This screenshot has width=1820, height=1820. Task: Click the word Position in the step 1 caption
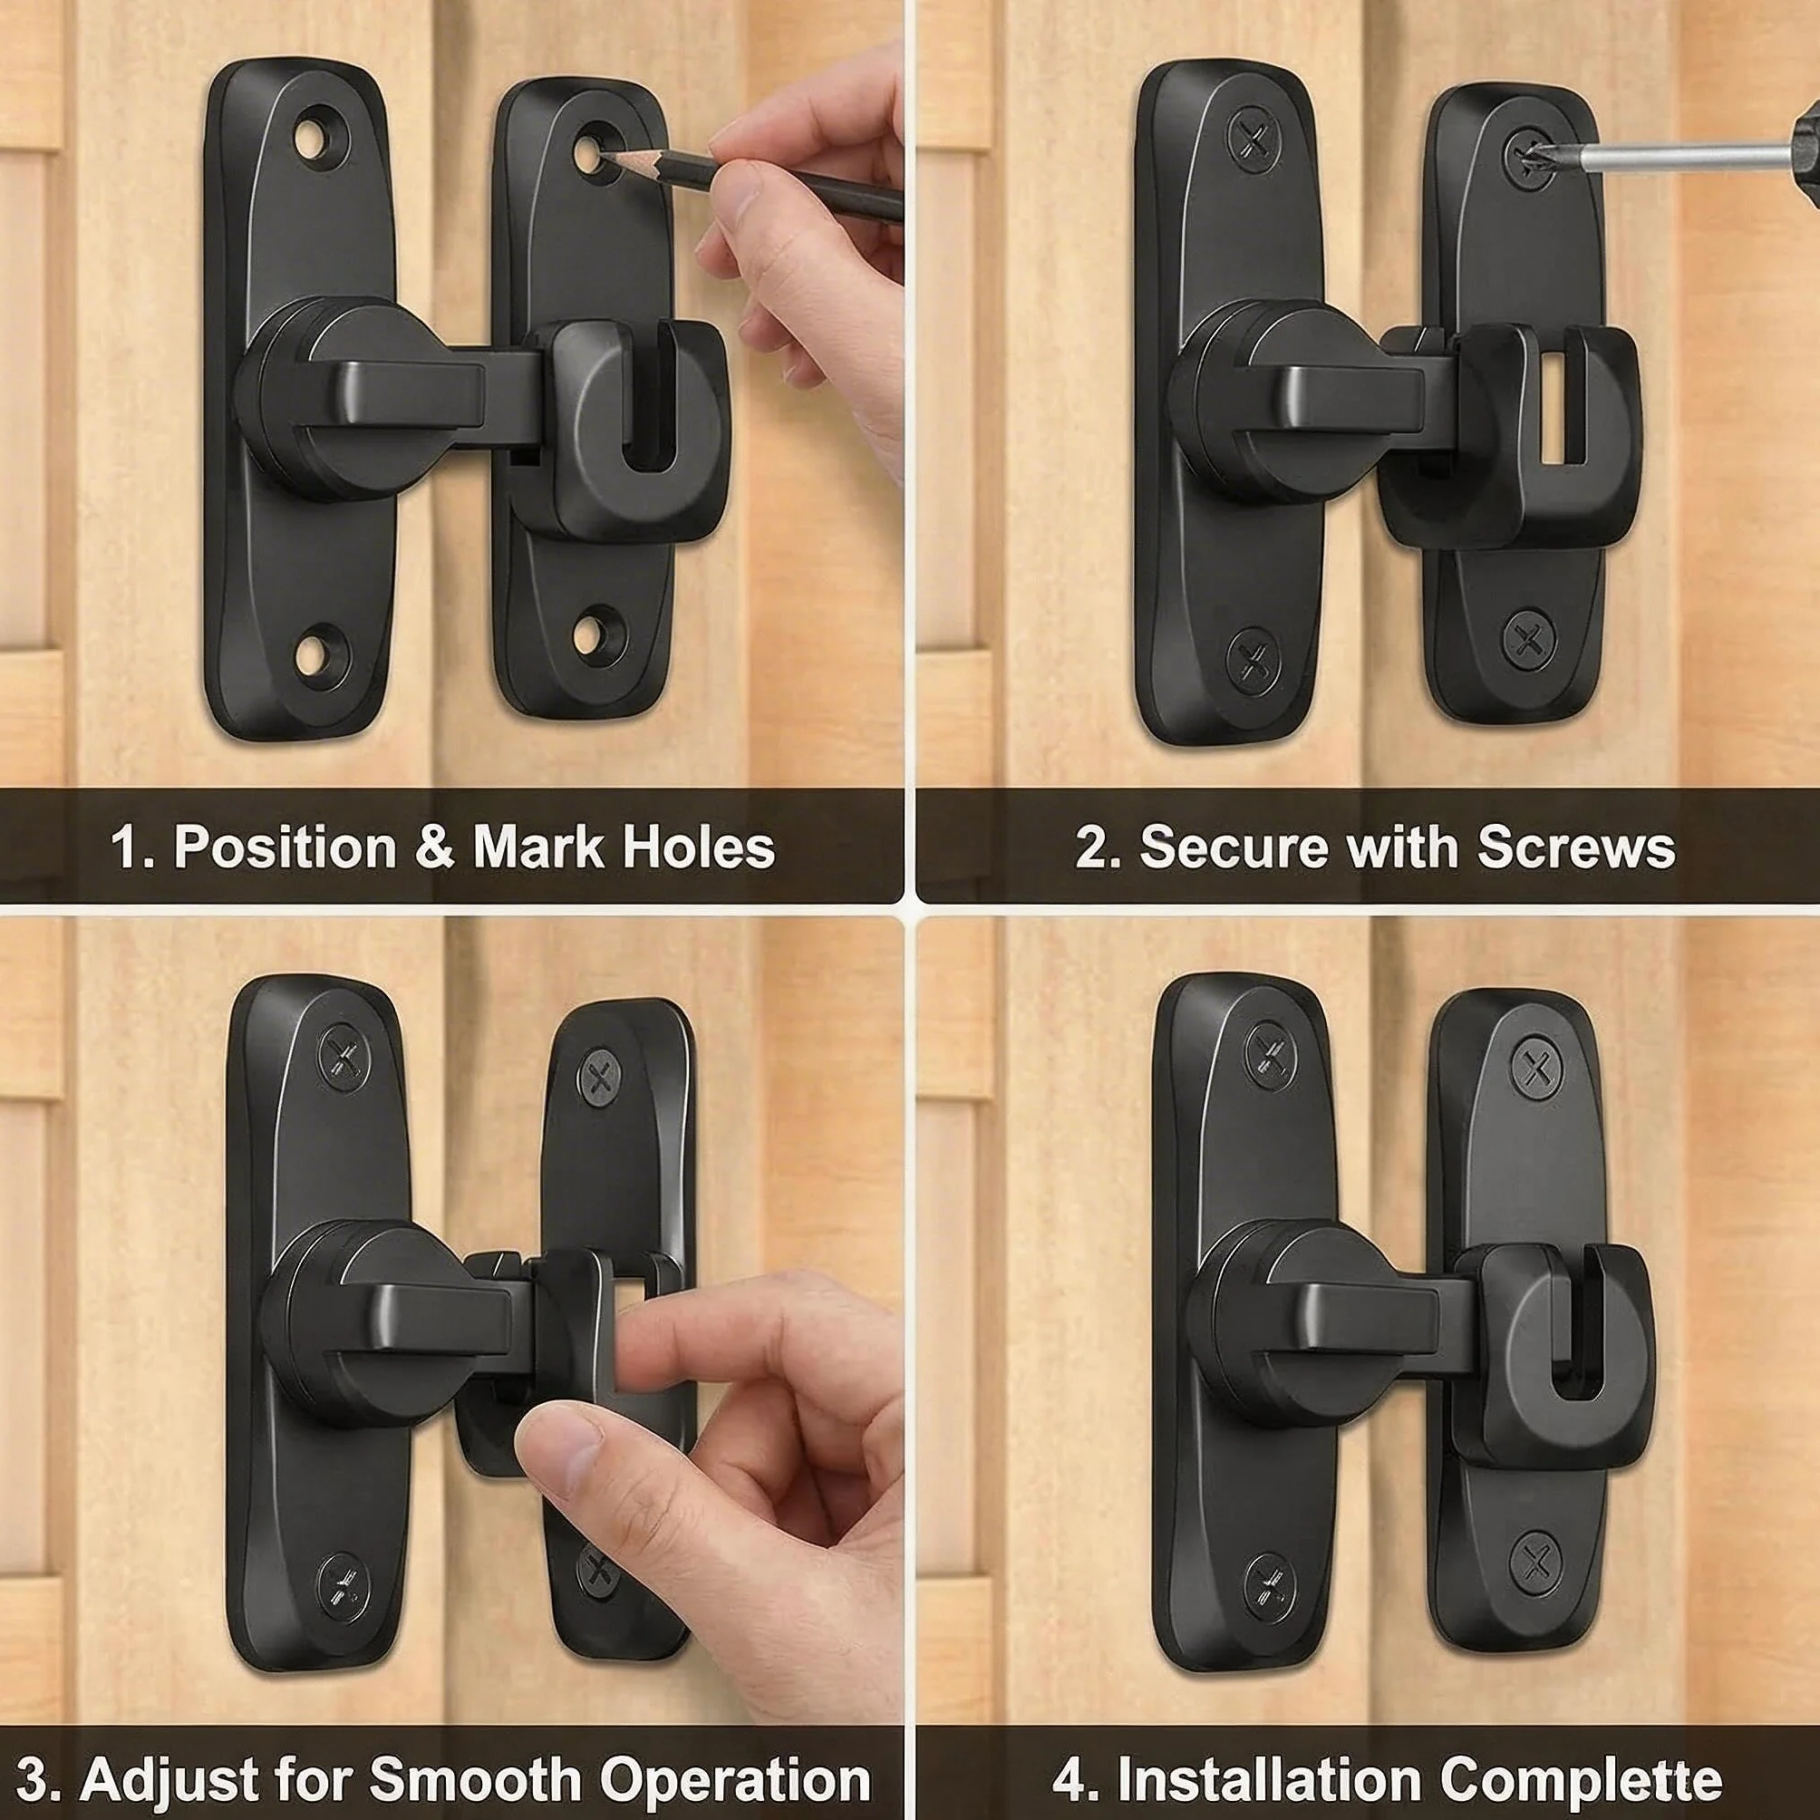click(286, 847)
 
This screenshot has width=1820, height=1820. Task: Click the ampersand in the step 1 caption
click(434, 847)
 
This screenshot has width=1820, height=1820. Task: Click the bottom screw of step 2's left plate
click(1254, 660)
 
